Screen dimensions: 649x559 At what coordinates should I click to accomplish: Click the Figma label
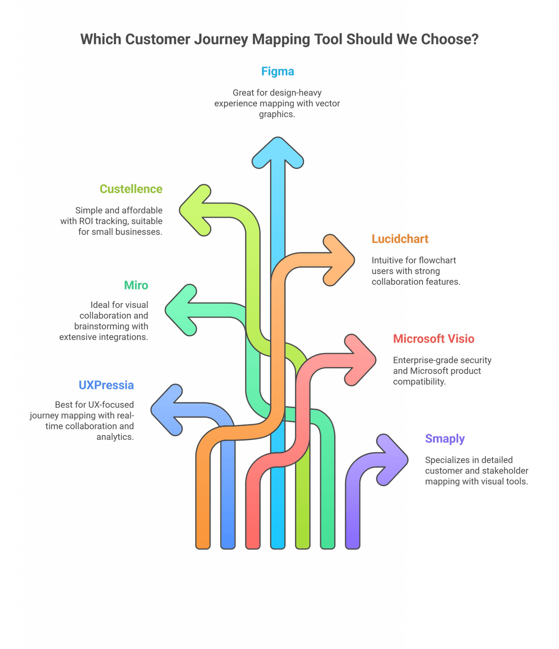pos(277,71)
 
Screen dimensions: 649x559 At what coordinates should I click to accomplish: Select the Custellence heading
pos(131,189)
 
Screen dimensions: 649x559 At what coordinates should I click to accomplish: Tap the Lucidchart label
pos(400,239)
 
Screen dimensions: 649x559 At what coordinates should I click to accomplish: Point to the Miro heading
pos(136,285)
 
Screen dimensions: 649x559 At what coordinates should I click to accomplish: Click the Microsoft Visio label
pos(433,338)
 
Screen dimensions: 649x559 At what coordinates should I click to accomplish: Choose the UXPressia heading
pos(106,385)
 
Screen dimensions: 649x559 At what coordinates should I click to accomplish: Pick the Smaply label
pos(445,439)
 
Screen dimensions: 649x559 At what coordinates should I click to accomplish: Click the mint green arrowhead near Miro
pos(182,310)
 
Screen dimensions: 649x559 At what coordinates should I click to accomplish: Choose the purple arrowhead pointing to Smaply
pos(391,460)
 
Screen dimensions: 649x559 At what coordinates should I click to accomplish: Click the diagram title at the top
pos(279,39)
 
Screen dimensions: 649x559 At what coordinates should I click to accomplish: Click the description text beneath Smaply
pos(475,470)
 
